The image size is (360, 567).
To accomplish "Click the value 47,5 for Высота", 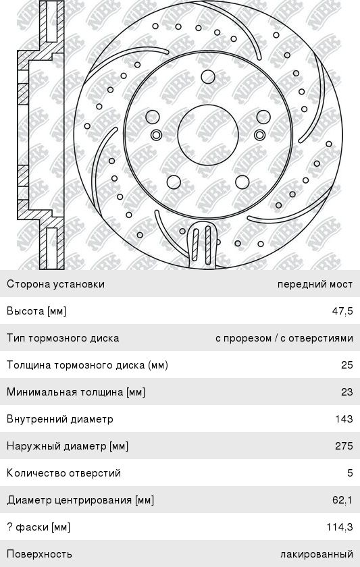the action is pos(342,311).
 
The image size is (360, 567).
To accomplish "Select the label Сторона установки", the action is pos(55,284).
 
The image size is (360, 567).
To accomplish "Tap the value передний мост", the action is pos(315,284).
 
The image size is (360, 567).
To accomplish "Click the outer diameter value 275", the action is pos(344,446).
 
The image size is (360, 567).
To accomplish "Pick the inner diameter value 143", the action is pos(344,418).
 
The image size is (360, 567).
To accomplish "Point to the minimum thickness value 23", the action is pos(346,392).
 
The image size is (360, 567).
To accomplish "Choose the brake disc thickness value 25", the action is pos(346,365).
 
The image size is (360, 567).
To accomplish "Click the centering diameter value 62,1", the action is pos(342,500).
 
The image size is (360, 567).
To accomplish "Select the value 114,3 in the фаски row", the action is pos(339,527).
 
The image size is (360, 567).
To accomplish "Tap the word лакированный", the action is pos(317,554).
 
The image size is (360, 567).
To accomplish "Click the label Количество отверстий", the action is pos(63,473).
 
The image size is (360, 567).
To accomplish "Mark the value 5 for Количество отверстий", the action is pos(350,473).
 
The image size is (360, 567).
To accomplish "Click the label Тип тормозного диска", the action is pos(63,338).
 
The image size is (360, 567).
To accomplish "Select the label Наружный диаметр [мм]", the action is pos(68,446).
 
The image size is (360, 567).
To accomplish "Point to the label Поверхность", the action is pos(39,554).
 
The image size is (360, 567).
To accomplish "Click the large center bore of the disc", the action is pos(208,135).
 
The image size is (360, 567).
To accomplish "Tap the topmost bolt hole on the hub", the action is pos(208,77).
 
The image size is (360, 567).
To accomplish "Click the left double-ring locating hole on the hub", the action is pos(156,135).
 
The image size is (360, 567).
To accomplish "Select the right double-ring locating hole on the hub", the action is pos(260,135).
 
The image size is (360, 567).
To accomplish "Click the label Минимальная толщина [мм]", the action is pos(76,392).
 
